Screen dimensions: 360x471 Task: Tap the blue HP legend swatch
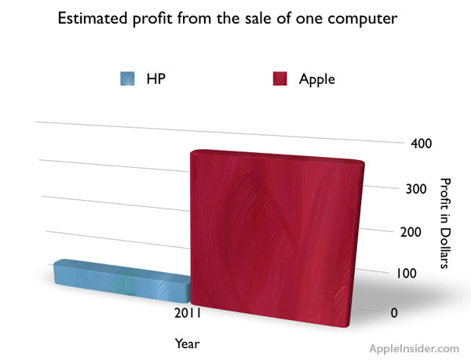tap(129, 78)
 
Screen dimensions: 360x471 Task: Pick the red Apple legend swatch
tap(280, 78)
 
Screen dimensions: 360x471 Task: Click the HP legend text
tap(155, 78)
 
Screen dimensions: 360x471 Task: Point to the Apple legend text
tap(316, 78)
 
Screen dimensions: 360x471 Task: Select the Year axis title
tap(187, 343)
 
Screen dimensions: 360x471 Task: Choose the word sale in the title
tap(264, 20)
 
